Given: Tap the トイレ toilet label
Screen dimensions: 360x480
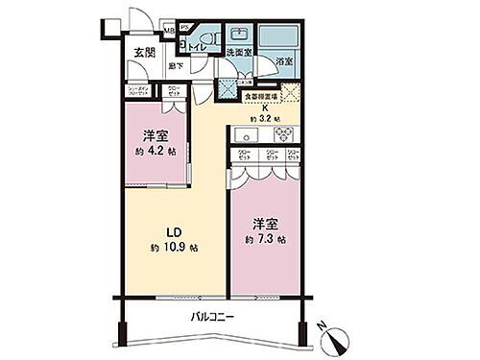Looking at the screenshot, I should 194,45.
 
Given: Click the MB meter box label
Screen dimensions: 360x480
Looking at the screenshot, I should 169,32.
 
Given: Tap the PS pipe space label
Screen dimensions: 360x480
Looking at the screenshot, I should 184,27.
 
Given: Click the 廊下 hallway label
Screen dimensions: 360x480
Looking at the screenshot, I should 175,65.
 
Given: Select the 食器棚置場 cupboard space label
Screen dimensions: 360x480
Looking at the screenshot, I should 257,95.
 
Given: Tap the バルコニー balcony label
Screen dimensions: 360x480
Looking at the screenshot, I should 213,316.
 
